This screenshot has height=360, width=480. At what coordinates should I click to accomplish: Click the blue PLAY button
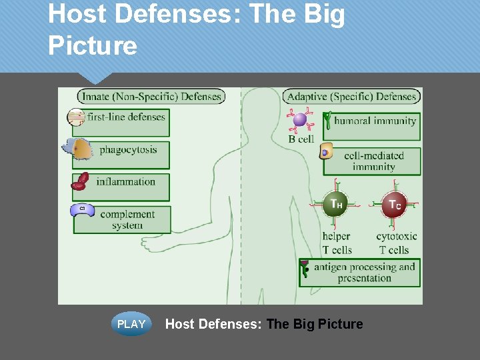coord(131,324)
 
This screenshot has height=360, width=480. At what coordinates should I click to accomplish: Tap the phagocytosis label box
coord(127,154)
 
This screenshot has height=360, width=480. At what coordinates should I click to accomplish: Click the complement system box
coord(127,219)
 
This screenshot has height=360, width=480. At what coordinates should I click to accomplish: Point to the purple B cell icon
coord(300,120)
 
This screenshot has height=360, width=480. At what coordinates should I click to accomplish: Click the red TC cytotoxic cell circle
coord(393,205)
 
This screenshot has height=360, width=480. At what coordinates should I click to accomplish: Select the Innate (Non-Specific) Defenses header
coord(151,97)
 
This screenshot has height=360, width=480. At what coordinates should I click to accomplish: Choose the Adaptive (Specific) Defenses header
coord(352,97)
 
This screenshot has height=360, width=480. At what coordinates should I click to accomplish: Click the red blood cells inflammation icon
coord(80,181)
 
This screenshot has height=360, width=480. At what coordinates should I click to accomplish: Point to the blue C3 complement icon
coord(81,209)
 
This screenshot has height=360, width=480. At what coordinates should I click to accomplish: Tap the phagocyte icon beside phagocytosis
coord(80,149)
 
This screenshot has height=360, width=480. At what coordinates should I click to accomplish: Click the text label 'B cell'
coord(301,139)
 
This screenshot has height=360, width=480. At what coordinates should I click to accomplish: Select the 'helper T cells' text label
coord(337,243)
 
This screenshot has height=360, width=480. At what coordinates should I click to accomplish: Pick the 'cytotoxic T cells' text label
coord(397,243)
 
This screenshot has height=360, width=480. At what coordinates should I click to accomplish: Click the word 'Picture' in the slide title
coord(93,46)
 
